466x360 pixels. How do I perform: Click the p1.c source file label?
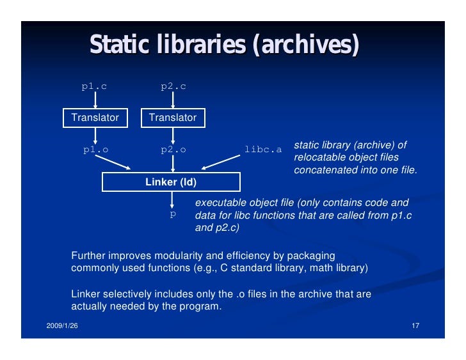pos(94,86)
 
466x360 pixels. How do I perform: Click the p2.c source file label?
pos(173,86)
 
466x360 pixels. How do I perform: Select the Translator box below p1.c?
pos(95,118)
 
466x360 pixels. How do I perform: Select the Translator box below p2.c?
pos(173,118)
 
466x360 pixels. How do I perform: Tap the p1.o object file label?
pos(95,150)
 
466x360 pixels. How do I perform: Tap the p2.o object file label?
pos(173,150)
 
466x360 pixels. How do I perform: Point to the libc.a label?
pos(263,150)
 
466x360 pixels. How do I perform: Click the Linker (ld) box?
pos(171,182)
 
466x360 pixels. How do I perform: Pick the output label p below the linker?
pos(172,214)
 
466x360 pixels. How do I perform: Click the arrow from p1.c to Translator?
pos(95,100)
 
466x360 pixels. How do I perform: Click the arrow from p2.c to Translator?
pos(173,100)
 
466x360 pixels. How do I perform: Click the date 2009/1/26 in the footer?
pos(62,327)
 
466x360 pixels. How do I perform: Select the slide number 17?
pos(415,327)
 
